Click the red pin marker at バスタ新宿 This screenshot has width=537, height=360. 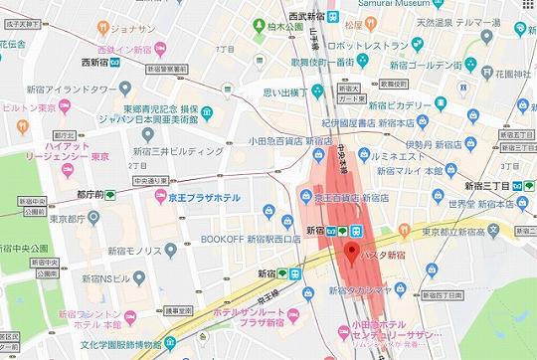pyautogui.click(x=348, y=252)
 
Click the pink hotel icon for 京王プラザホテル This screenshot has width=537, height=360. pyautogui.click(x=159, y=196)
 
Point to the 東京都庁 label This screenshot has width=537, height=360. pyautogui.click(x=46, y=221)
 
